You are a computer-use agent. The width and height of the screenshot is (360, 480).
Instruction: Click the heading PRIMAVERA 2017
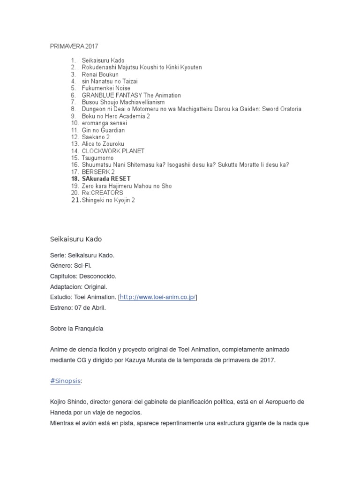click(74, 46)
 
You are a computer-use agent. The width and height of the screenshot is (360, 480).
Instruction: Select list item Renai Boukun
click(100, 75)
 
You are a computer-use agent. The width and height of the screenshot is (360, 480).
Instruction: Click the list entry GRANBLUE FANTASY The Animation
click(124, 95)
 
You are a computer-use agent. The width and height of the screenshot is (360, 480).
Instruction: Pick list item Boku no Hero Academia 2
click(116, 116)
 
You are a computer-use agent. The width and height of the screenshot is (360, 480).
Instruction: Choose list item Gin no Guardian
click(103, 130)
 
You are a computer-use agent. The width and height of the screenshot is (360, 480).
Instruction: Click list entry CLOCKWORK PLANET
click(113, 151)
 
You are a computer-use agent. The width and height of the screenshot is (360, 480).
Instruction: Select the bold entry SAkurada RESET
click(106, 179)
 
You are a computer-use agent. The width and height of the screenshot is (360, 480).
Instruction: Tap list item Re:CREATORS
click(102, 193)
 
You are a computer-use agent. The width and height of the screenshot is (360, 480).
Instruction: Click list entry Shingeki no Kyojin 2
click(108, 200)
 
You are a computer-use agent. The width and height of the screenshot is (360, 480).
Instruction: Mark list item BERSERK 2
click(98, 172)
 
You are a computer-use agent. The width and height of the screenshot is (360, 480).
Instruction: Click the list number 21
click(75, 200)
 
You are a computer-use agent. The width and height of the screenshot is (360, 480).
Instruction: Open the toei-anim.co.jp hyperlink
click(157, 297)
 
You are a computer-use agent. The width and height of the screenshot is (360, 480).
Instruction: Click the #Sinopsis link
click(65, 381)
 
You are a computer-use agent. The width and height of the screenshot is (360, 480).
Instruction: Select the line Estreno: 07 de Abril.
click(78, 307)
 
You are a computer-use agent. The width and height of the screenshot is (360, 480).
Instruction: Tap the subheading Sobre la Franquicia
click(76, 329)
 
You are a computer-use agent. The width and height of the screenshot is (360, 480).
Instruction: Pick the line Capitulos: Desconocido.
click(83, 276)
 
